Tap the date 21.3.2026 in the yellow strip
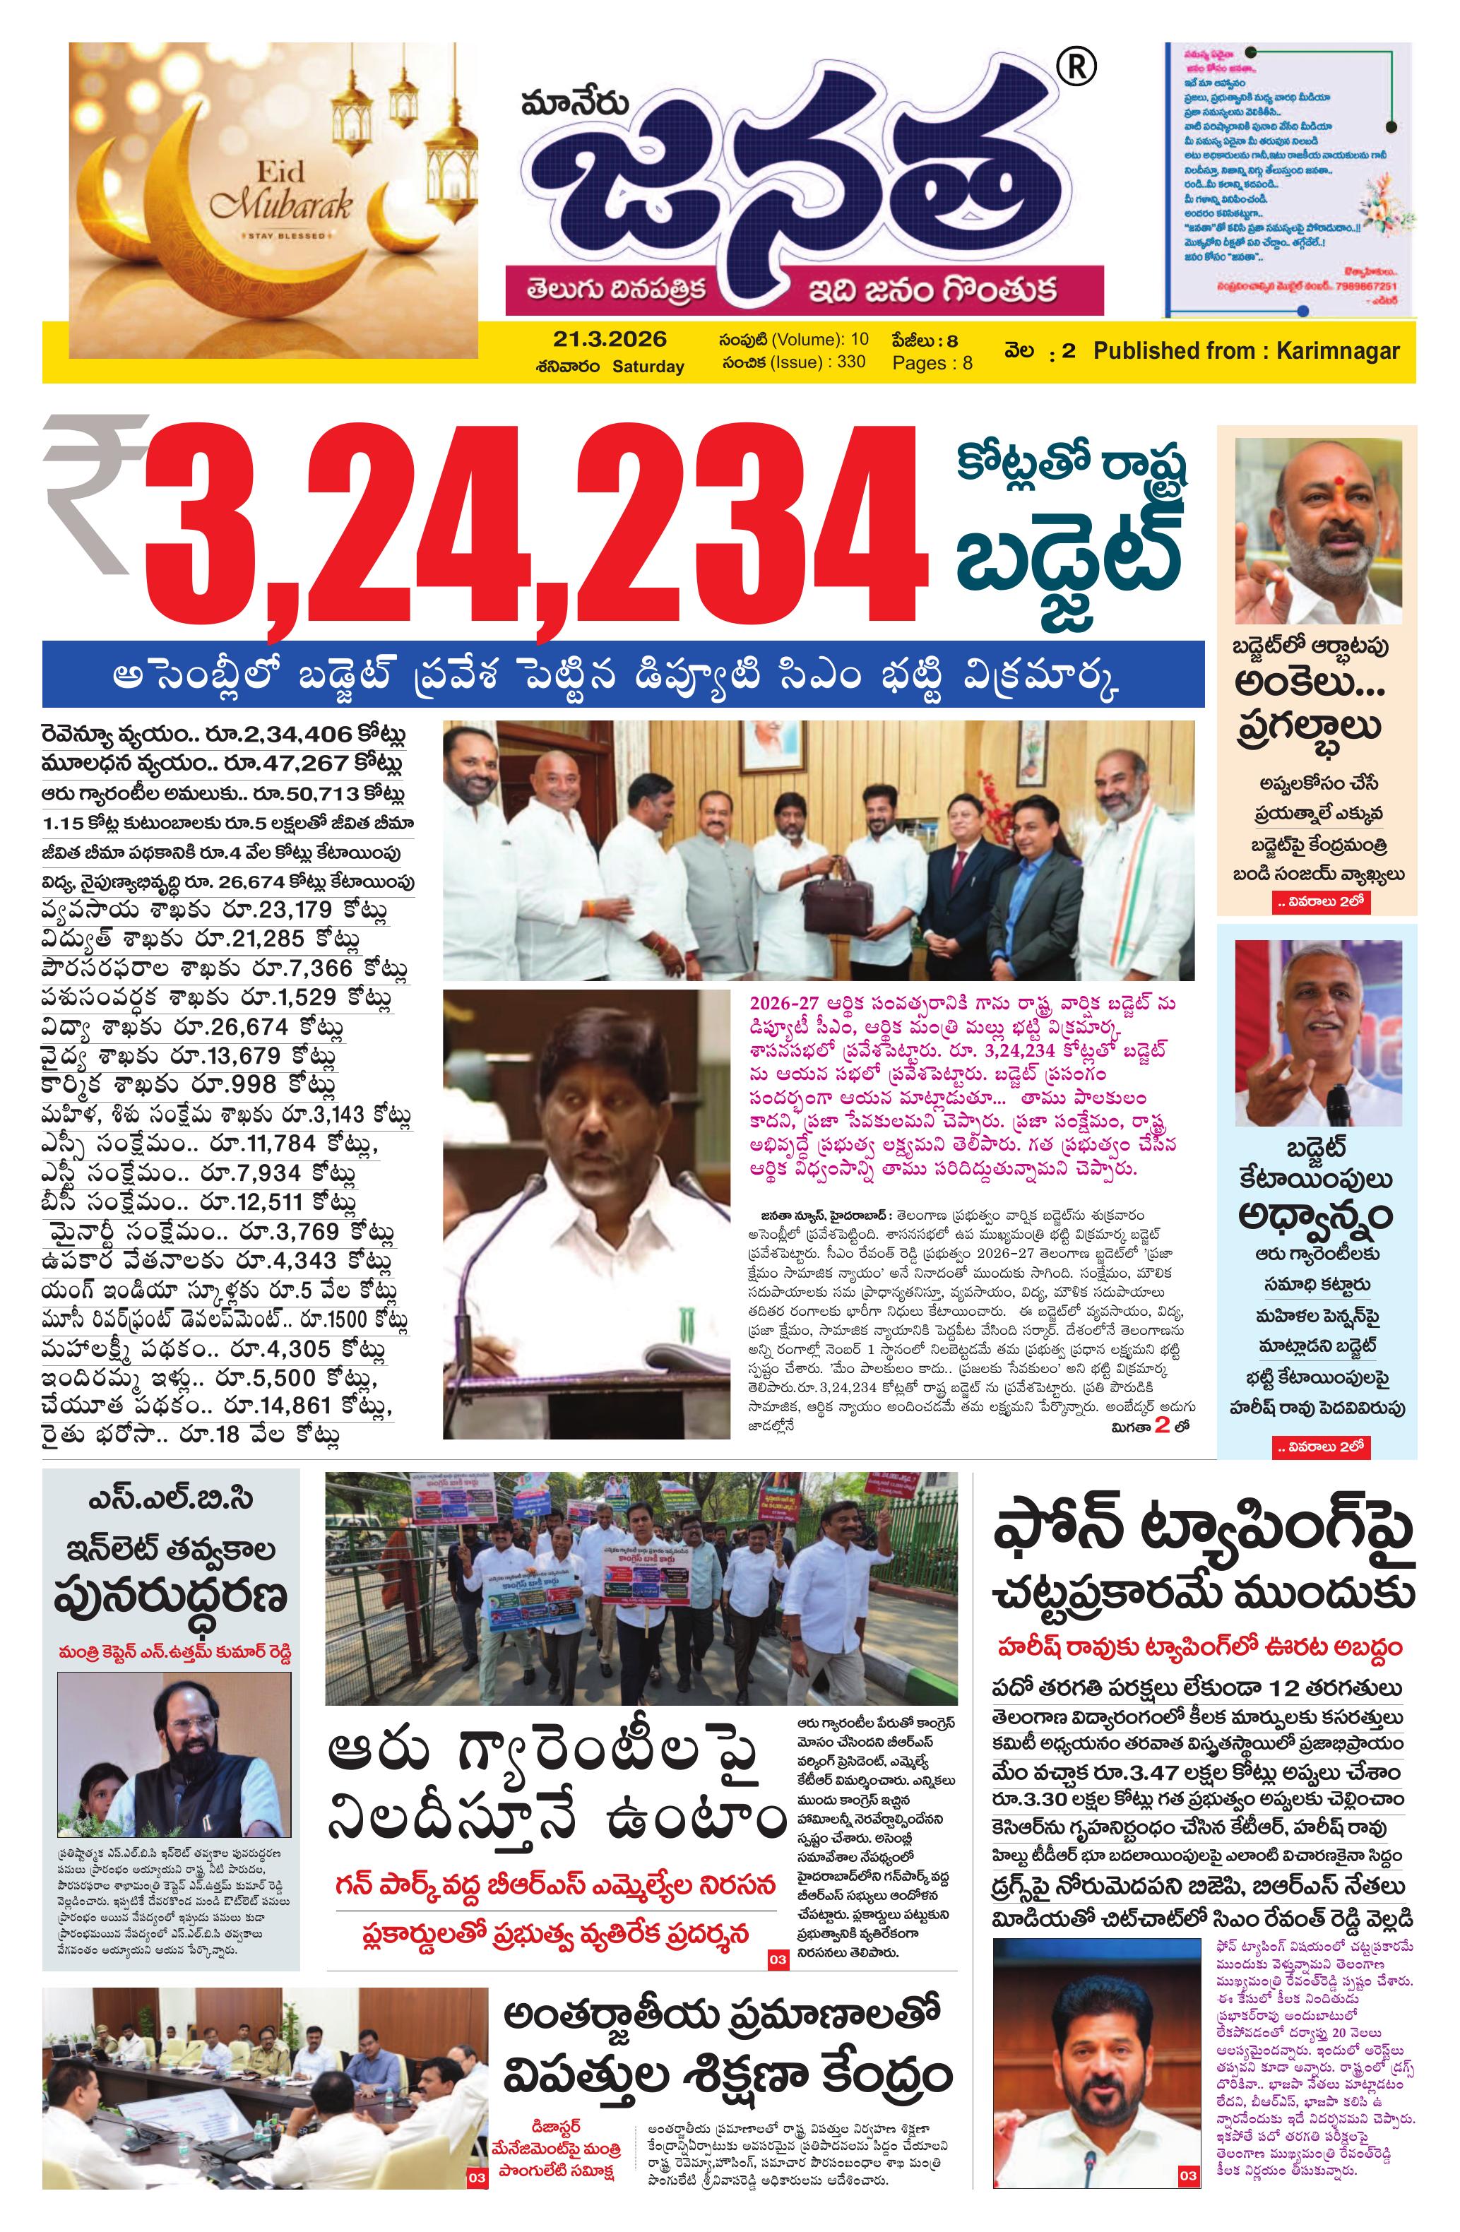609,340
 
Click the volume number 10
859,340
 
